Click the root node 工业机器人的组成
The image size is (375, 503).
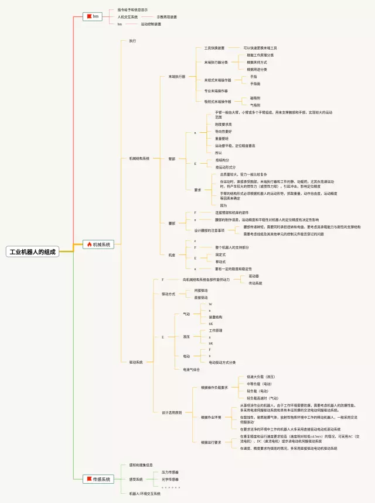point(32,252)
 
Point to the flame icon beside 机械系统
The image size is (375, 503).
point(88,244)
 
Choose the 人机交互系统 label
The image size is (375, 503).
point(127,17)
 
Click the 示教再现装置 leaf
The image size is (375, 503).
point(166,17)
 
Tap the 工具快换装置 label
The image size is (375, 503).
point(214,48)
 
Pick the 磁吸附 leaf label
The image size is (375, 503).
point(255,98)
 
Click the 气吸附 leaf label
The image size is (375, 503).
point(255,105)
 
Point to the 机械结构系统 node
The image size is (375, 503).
point(139,159)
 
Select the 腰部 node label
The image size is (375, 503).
point(172,223)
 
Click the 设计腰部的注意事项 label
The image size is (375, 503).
point(210,230)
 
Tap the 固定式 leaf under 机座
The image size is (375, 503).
point(220,254)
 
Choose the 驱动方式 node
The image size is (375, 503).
point(168,294)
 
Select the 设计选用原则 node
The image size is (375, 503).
point(172,412)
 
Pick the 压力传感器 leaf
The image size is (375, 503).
point(170,472)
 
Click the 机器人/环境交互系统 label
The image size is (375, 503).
point(145,494)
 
